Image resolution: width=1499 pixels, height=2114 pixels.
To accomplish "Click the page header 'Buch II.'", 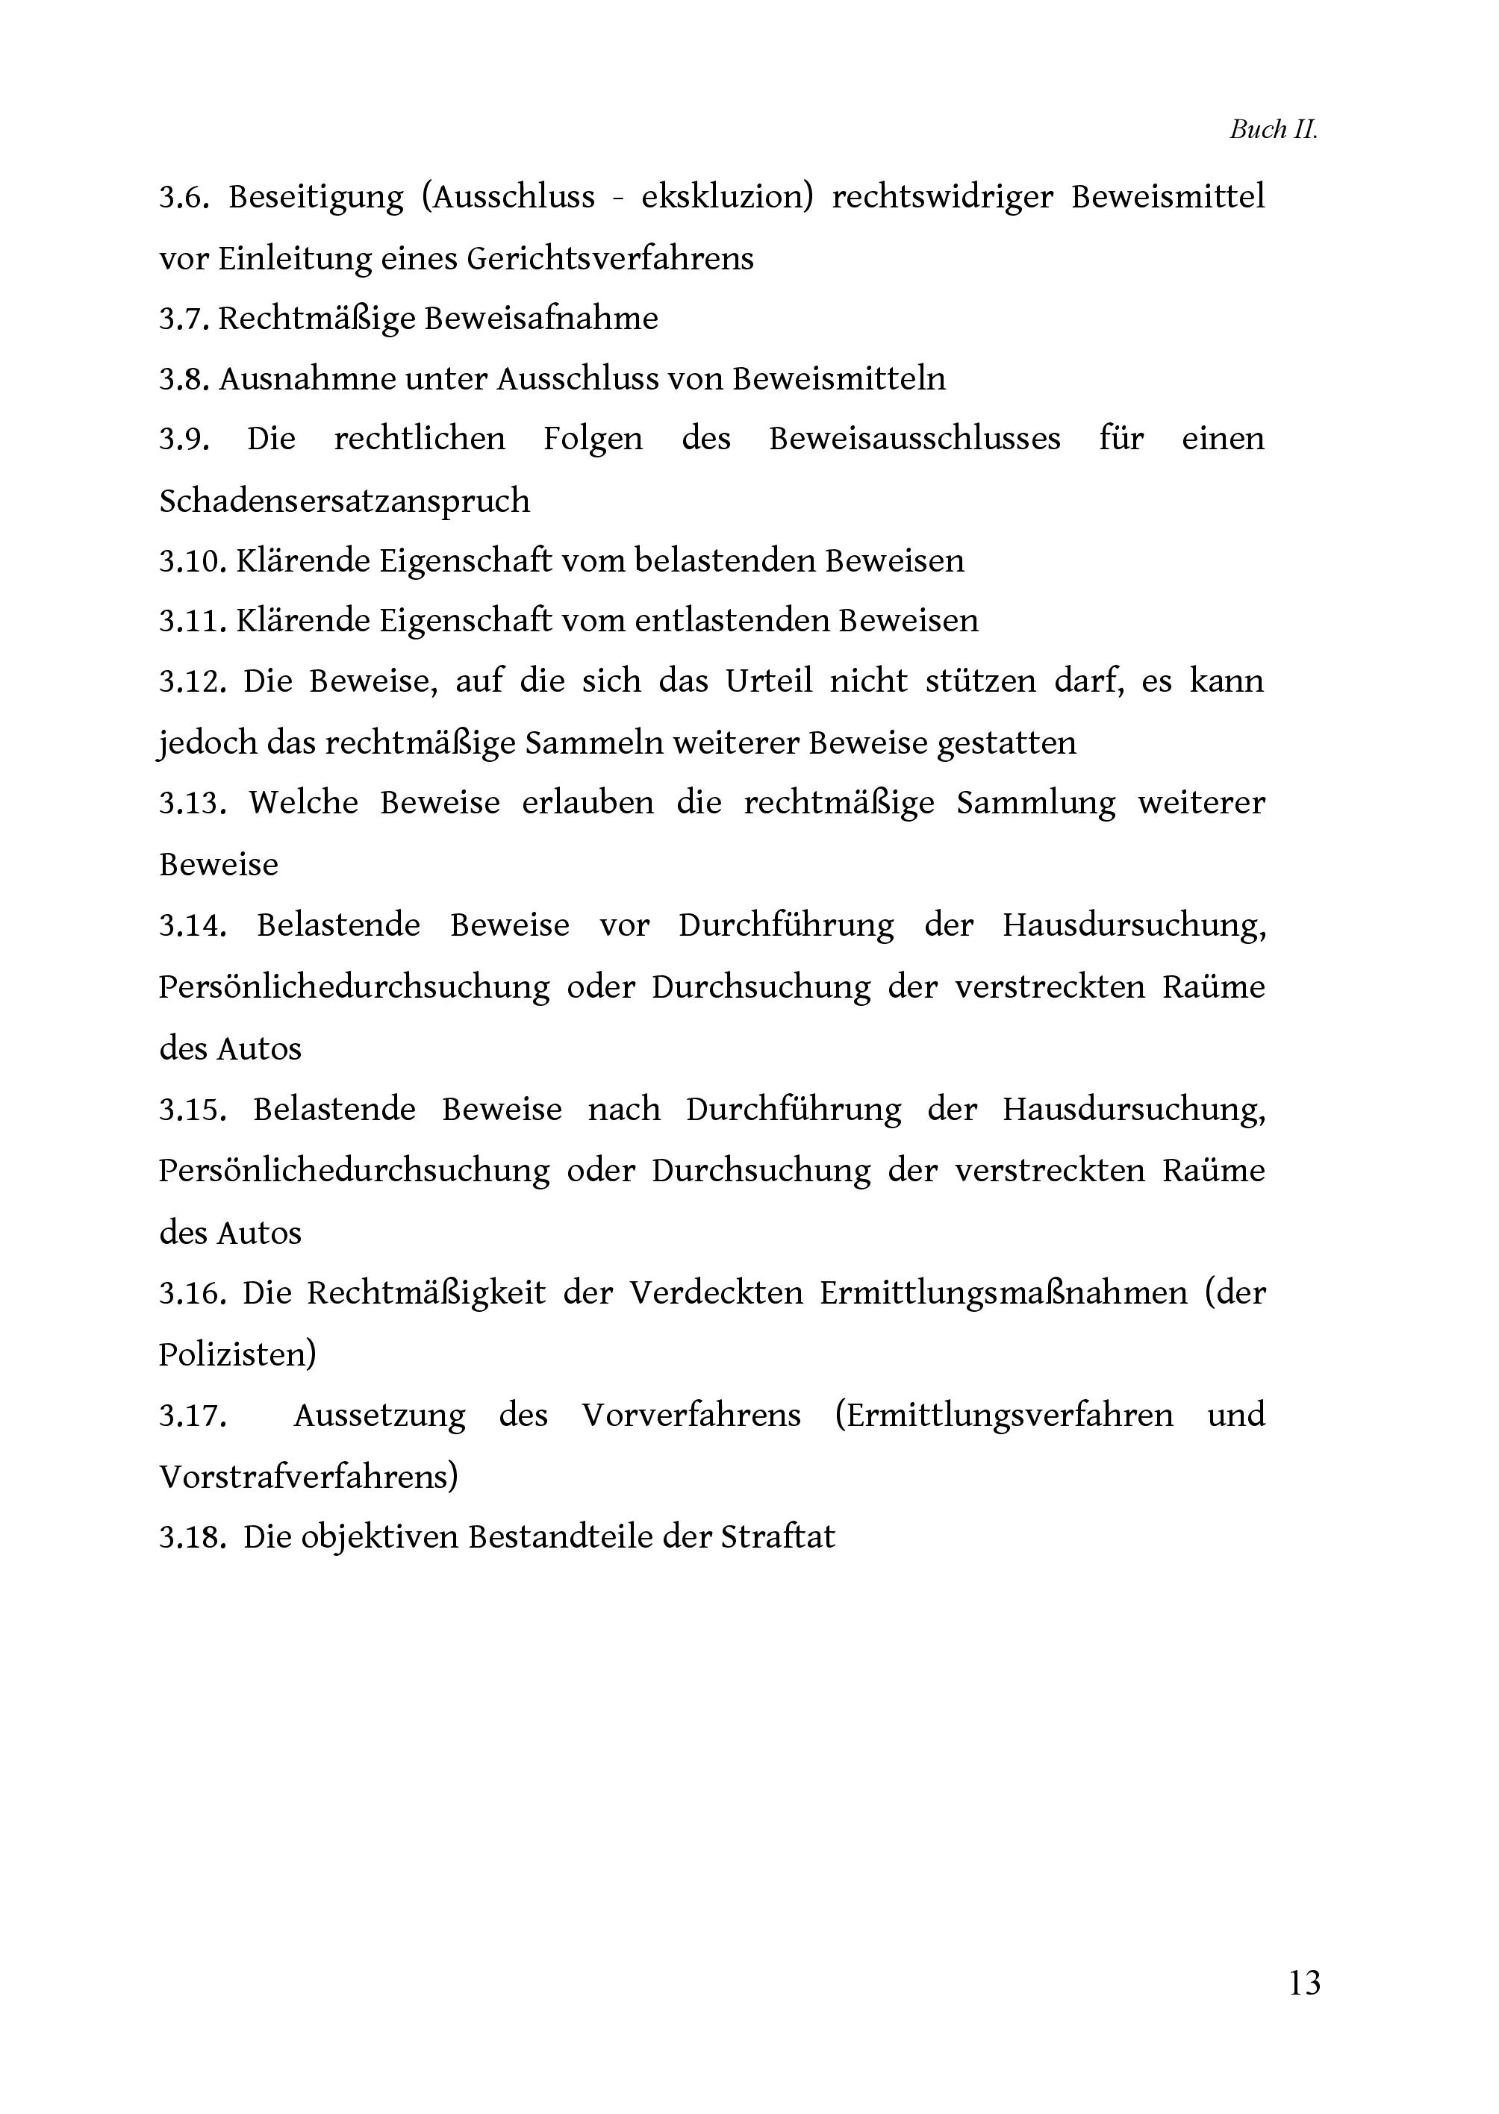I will (1273, 130).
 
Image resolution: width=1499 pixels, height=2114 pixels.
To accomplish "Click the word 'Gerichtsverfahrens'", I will (610, 258).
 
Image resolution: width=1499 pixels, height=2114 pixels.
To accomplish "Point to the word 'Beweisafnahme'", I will (541, 319).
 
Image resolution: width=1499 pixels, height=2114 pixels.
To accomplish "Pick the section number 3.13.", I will (192, 803).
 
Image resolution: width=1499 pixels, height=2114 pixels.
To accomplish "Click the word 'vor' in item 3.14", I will (624, 925).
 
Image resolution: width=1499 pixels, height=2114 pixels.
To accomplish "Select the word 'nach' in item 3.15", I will (624, 1108).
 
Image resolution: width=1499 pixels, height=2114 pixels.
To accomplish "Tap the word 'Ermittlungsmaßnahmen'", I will (1003, 1292).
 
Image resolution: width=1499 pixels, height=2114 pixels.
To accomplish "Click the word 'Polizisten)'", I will (238, 1354).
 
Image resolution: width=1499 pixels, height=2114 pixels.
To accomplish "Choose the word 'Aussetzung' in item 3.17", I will (379, 1415).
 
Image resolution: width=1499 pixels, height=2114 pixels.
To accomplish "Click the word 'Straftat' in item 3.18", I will (777, 1536).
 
